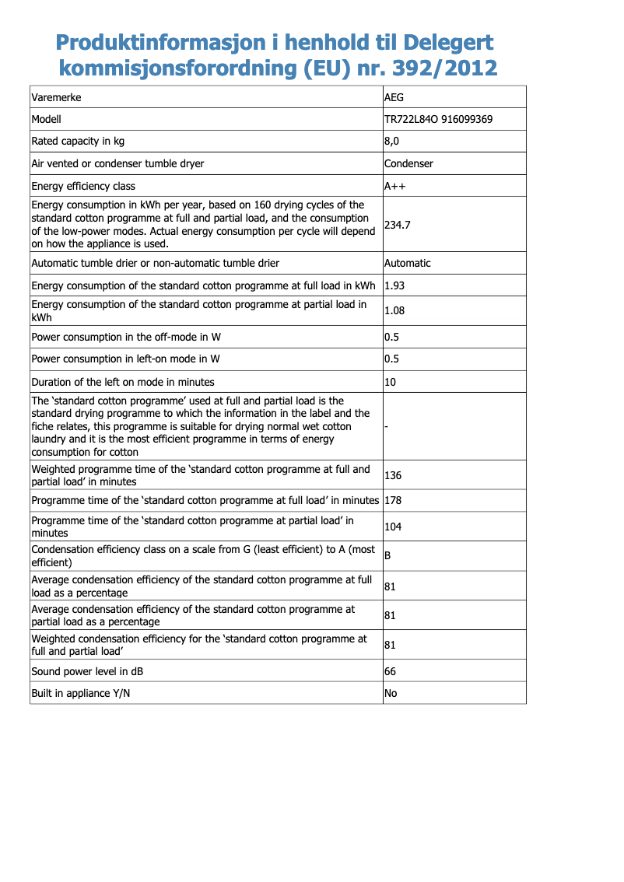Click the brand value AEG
click(394, 98)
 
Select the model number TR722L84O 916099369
click(438, 120)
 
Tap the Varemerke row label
click(56, 98)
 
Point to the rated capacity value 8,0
click(392, 142)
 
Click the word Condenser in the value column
click(408, 163)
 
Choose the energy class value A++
click(395, 187)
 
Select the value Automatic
click(408, 264)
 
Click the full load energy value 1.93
click(394, 285)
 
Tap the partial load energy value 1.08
click(394, 311)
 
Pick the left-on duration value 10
click(391, 382)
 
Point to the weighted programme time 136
click(393, 476)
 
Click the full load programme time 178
click(393, 501)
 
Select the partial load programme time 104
click(393, 527)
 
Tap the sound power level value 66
click(391, 671)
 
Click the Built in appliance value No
click(391, 693)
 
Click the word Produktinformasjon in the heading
click(156, 42)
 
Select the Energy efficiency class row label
click(83, 187)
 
